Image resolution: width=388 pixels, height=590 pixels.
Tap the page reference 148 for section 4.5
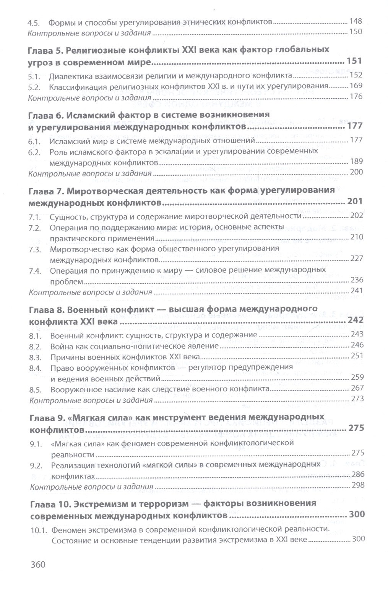(356, 21)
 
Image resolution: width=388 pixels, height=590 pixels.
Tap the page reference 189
(356, 162)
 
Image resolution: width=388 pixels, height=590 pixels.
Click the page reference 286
(357, 475)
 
